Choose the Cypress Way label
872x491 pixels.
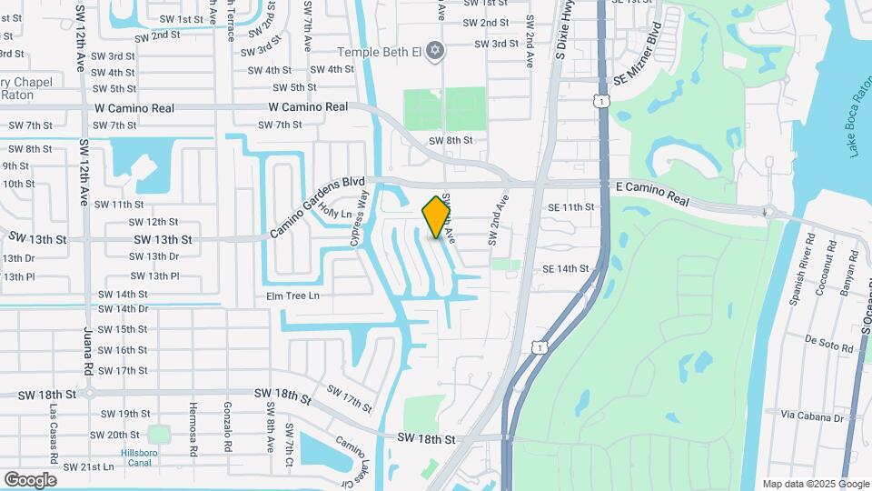(x=359, y=218)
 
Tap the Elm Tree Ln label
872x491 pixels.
(x=292, y=296)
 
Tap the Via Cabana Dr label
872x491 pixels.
(x=812, y=416)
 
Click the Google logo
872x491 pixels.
(x=30, y=479)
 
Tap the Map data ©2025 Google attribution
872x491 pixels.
(x=816, y=484)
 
